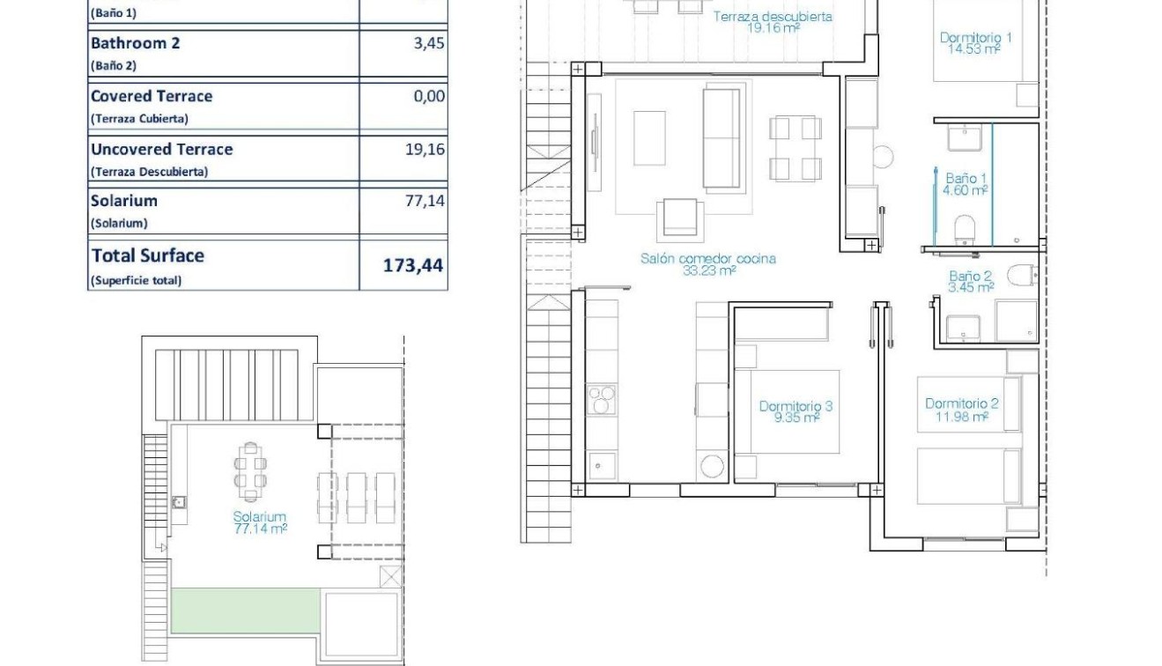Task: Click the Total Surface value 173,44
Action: click(413, 265)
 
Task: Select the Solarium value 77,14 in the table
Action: click(425, 201)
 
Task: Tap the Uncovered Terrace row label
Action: click(162, 150)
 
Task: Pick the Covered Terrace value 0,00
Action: click(429, 96)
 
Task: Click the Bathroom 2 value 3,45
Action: click(429, 43)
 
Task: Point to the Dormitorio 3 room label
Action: click(796, 411)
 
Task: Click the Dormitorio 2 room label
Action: click(962, 410)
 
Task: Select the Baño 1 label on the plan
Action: click(965, 184)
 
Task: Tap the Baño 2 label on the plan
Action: click(971, 281)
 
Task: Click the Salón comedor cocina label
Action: click(708, 264)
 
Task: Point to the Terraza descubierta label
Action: click(773, 22)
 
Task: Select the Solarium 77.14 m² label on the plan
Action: click(260, 522)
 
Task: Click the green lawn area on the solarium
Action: click(246, 610)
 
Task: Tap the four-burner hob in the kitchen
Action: click(602, 399)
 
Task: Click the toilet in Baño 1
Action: click(965, 230)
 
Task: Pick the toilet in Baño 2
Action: click(1023, 276)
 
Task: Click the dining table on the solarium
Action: click(250, 472)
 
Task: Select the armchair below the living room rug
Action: click(680, 219)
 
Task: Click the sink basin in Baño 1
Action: click(965, 137)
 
